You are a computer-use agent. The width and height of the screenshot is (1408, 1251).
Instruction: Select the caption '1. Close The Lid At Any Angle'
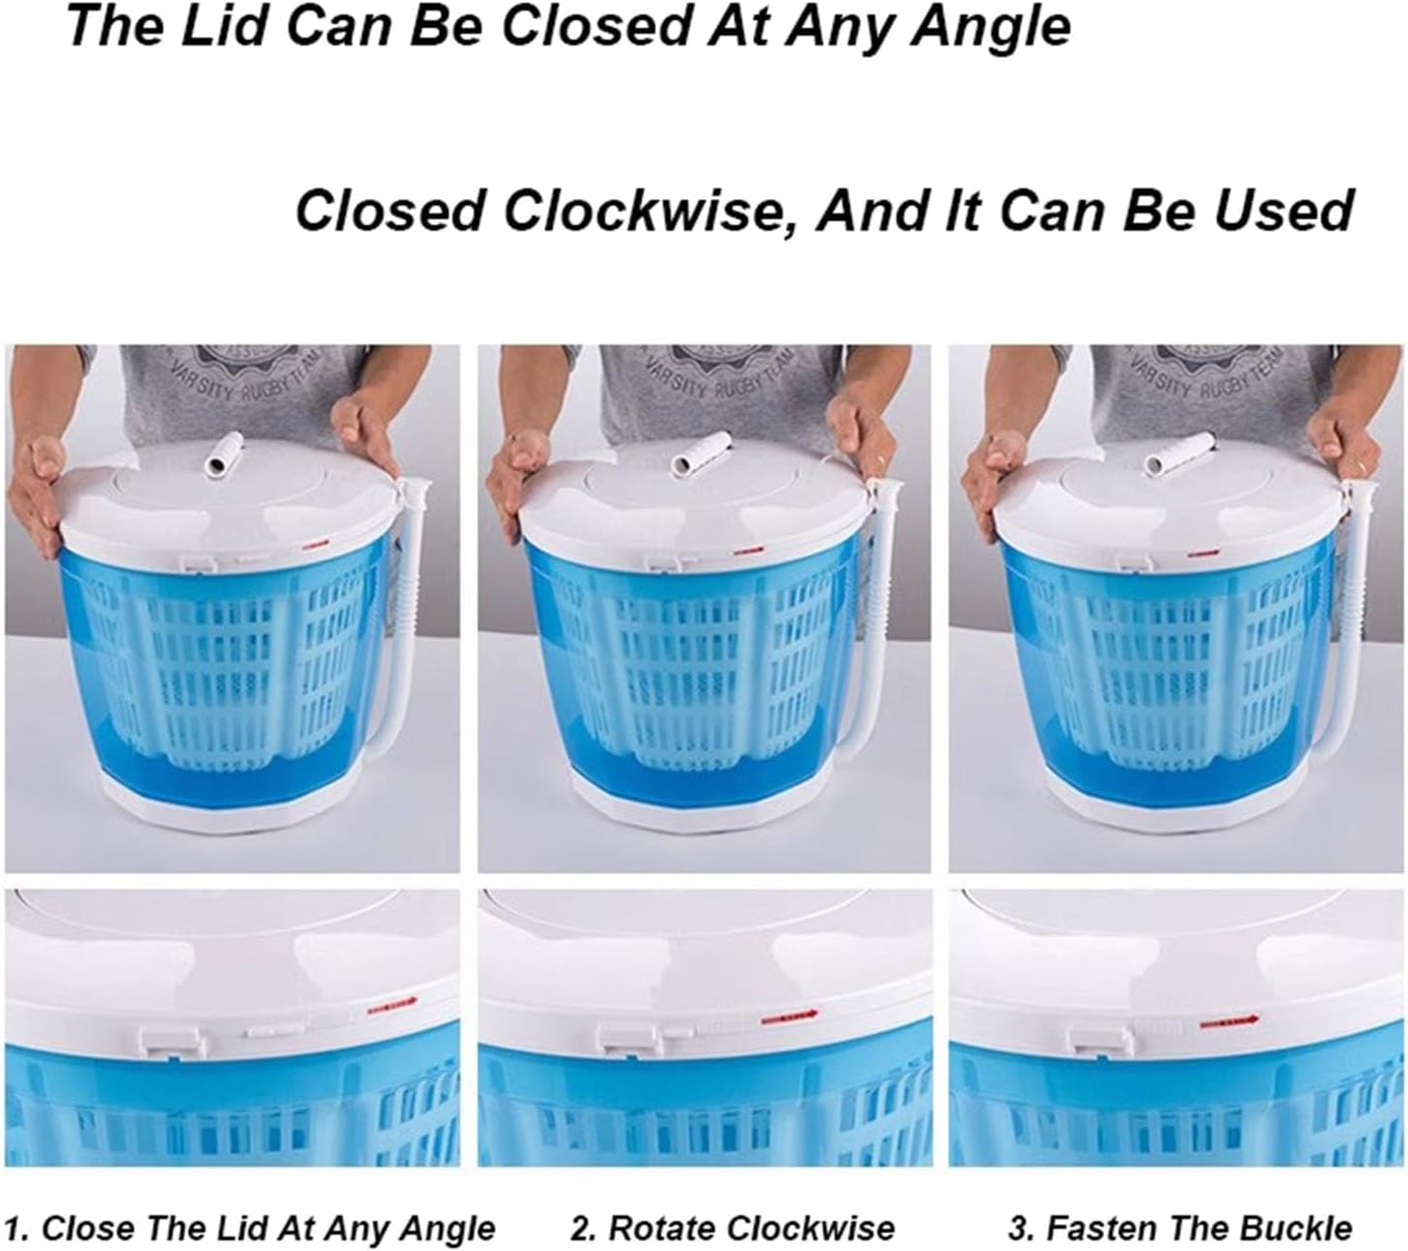(256, 1229)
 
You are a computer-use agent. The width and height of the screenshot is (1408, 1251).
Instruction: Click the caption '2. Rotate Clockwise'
(732, 1229)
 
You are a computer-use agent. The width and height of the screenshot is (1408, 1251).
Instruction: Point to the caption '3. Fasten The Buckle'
(1180, 1229)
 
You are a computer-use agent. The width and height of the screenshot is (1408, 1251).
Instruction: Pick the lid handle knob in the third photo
(1177, 453)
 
